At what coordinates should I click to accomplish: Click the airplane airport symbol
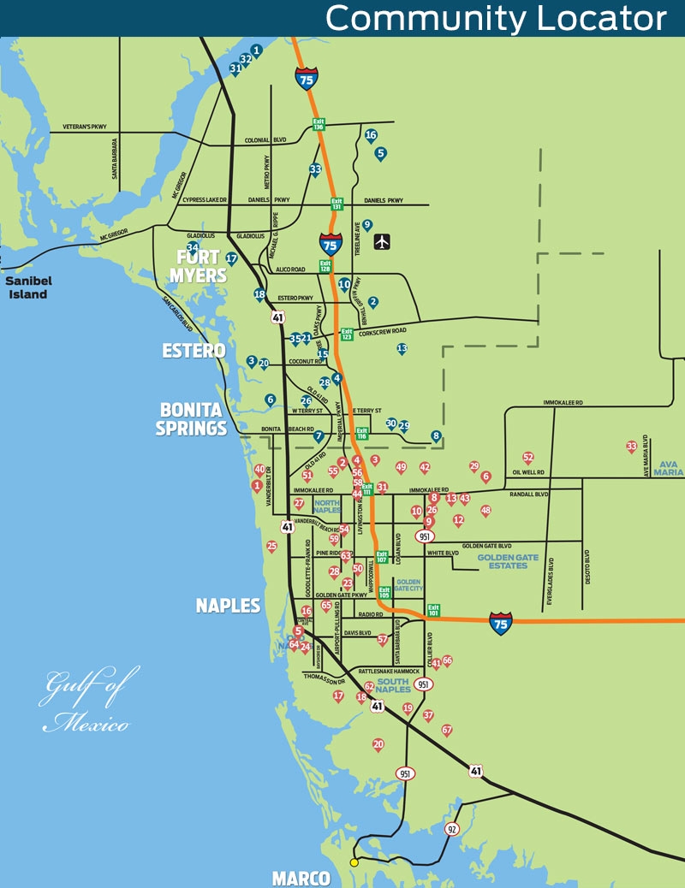point(382,242)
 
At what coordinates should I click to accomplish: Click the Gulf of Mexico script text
point(86,703)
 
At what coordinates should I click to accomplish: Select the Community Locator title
point(496,18)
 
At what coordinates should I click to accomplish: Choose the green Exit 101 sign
point(433,611)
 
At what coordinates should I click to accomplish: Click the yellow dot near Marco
point(354,861)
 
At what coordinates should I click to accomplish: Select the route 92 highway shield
point(451,829)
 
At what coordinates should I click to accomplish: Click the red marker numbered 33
point(631,447)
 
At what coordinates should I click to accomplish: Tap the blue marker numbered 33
point(315,169)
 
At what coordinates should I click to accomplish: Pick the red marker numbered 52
point(528,458)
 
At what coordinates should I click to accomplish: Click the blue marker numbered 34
point(193,248)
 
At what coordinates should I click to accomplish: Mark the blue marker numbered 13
point(402,349)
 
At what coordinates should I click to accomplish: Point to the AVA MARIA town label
point(669,467)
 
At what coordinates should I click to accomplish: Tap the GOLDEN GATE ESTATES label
point(507,563)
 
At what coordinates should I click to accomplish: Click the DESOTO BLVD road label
point(587,565)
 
